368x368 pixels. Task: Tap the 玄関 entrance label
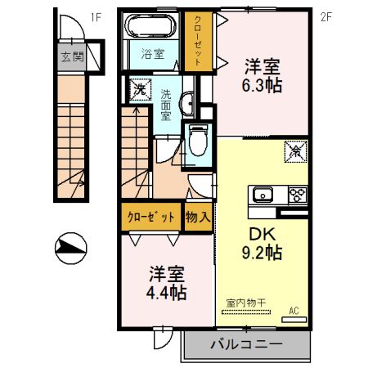tap(70, 58)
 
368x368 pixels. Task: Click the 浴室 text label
tap(151, 55)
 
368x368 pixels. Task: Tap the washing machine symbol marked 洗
tap(139, 89)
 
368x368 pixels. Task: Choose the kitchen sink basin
tap(264, 195)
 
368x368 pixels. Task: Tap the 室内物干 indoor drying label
tap(246, 303)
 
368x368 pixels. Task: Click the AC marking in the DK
tap(294, 310)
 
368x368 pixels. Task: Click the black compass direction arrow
tap(71, 246)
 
